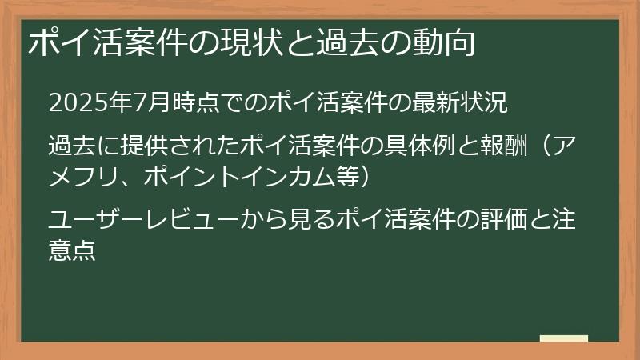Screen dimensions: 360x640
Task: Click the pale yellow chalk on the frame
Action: tap(563, 338)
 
